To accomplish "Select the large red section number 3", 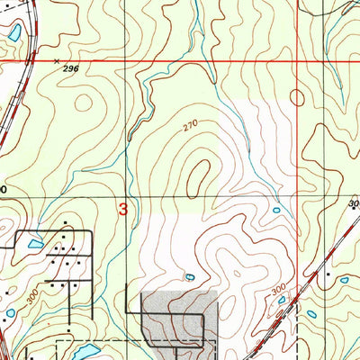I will click(123, 208).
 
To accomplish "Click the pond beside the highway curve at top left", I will click(15, 33).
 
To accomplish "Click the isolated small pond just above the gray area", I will click(188, 275).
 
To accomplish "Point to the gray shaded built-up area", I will click(180, 315).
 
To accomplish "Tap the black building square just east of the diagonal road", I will click(329, 272).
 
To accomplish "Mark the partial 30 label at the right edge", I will click(354, 204).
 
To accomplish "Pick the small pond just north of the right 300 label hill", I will click(275, 211).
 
